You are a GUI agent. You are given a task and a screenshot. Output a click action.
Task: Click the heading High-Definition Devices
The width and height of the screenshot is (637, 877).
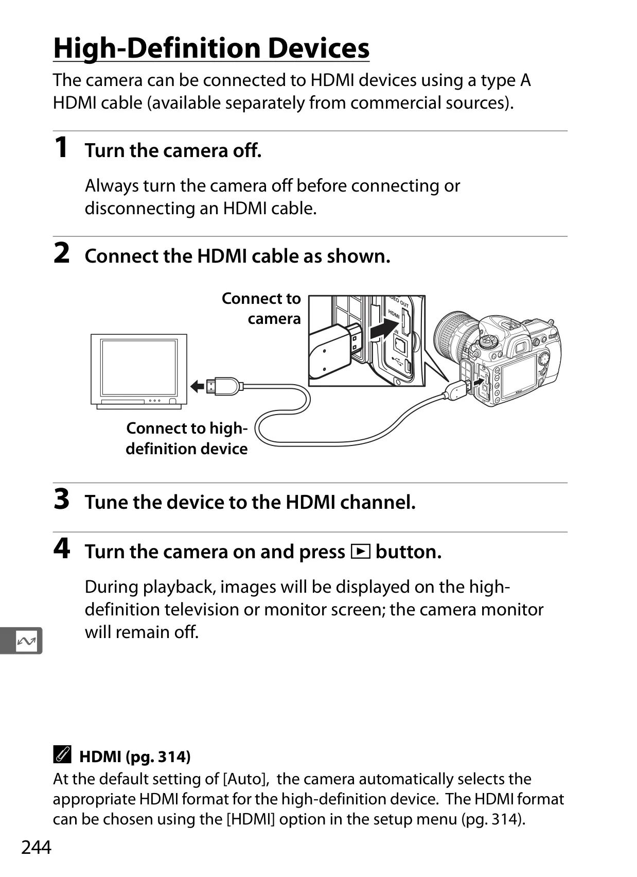pyautogui.click(x=211, y=48)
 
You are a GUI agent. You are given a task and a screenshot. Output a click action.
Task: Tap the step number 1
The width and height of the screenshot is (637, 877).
pyautogui.click(x=61, y=148)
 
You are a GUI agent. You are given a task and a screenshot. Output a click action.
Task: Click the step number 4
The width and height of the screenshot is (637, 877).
pyautogui.click(x=62, y=548)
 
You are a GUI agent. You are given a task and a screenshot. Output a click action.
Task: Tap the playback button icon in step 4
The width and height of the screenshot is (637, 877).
pyautogui.click(x=360, y=552)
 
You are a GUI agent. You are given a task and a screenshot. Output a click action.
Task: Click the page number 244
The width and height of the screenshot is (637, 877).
pyautogui.click(x=36, y=847)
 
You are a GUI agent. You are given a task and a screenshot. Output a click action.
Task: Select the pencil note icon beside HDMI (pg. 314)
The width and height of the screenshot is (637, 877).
pyautogui.click(x=62, y=754)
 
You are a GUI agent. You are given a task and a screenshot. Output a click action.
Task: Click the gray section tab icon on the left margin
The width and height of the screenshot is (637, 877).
pyautogui.click(x=21, y=641)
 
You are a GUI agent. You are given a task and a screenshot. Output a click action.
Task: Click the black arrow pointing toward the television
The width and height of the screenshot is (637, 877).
pyautogui.click(x=197, y=387)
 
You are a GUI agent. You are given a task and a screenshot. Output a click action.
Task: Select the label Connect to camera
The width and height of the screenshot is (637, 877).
pyautogui.click(x=261, y=308)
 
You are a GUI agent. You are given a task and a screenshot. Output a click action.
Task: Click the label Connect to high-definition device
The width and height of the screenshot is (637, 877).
pyautogui.click(x=187, y=439)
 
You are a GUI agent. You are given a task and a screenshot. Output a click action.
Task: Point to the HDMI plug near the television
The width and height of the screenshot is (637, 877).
pyautogui.click(x=223, y=387)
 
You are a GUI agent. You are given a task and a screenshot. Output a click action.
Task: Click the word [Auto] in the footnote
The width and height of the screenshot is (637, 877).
pyautogui.click(x=246, y=779)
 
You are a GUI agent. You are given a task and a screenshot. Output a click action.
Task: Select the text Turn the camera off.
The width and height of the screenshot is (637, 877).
pyautogui.click(x=173, y=150)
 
